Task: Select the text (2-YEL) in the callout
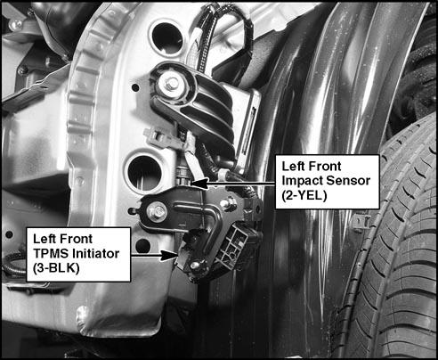tap(304, 195)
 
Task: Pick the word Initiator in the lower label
tap(96, 253)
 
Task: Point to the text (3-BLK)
tap(56, 268)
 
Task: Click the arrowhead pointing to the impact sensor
tap(199, 184)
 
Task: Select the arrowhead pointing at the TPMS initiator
tap(169, 255)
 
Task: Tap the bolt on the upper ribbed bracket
tap(171, 84)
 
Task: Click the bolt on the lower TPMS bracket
tap(157, 211)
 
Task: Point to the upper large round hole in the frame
tap(166, 37)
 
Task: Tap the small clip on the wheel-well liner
tap(361, 222)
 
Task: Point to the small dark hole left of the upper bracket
tap(135, 87)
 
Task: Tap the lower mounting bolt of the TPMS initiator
tap(195, 265)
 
